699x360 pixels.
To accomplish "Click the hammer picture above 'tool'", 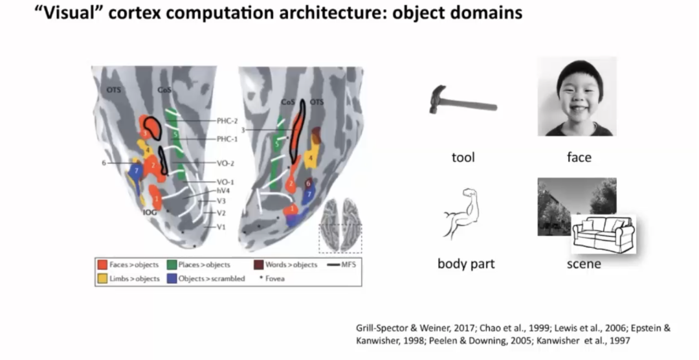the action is [462, 102].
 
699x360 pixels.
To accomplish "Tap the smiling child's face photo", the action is [577, 96].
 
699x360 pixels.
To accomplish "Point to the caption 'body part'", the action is [466, 264].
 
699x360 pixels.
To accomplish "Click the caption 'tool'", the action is [463, 157].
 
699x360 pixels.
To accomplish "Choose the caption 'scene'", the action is [583, 264].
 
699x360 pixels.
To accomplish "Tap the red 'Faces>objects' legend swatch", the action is [102, 265].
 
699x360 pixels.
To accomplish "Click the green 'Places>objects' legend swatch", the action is [173, 265].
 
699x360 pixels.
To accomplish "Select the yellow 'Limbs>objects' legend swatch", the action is [102, 278].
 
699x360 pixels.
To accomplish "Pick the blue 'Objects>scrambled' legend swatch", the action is [173, 278].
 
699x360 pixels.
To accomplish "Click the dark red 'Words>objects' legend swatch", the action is [260, 265].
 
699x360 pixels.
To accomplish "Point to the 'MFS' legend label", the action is [348, 265].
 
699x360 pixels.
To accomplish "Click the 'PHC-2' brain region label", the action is [227, 121].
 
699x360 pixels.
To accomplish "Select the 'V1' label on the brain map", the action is [221, 227].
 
